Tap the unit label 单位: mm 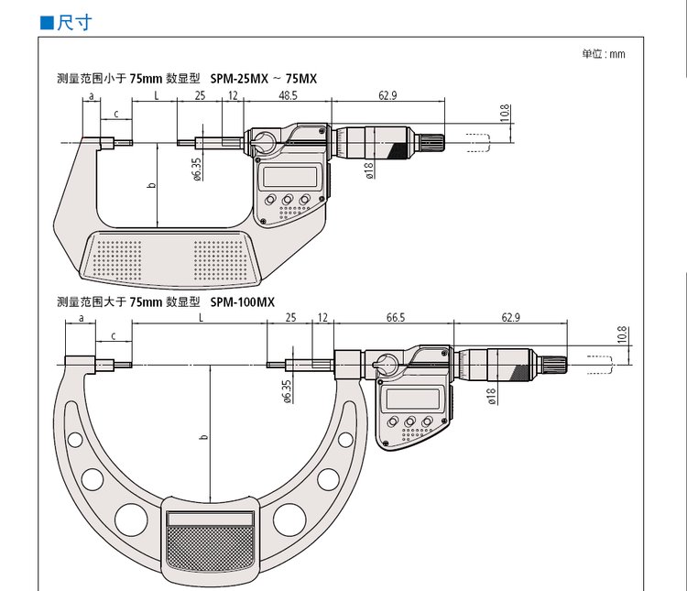click(x=603, y=54)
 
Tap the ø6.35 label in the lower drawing click(x=288, y=389)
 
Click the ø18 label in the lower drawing click(x=492, y=395)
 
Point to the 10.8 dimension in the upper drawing click(x=505, y=114)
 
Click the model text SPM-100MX click(x=243, y=301)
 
